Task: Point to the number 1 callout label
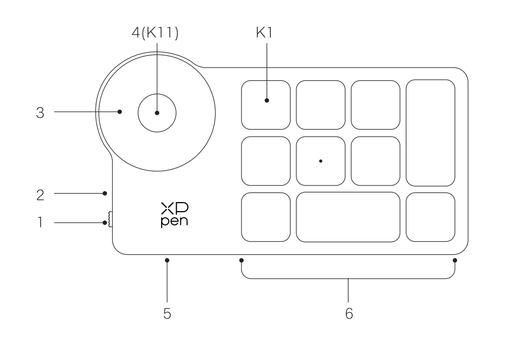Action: coord(40,222)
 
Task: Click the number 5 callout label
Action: coord(167,314)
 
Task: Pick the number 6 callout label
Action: coord(348,314)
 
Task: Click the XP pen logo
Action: coord(174,215)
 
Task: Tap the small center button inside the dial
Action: coord(156,112)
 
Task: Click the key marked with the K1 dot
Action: coord(266,105)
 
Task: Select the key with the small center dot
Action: coord(321,161)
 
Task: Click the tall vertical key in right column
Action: coord(430,133)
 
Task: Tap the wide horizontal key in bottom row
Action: coord(348,217)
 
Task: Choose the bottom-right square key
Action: coord(430,217)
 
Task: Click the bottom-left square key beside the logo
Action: coord(266,217)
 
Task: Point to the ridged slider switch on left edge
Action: coord(110,219)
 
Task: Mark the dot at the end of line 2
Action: coord(105,194)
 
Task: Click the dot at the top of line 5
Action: coord(167,261)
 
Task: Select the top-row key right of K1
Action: coord(321,105)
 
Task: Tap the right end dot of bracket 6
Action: coord(455,261)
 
